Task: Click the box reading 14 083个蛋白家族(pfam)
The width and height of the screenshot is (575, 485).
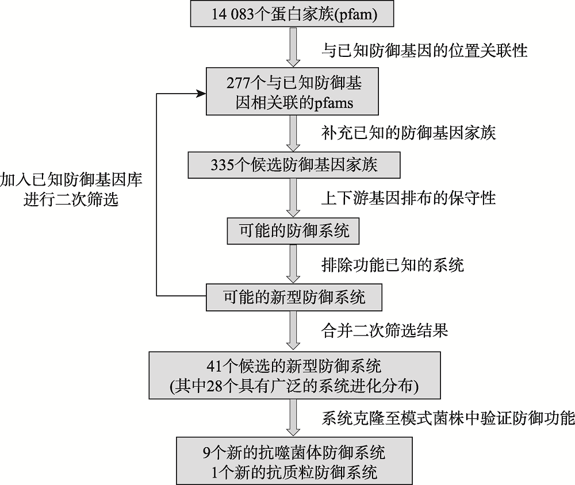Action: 292,14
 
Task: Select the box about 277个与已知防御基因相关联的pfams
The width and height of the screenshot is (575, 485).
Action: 292,91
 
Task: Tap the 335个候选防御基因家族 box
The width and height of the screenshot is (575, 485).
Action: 294,165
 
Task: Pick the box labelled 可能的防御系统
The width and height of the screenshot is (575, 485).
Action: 293,231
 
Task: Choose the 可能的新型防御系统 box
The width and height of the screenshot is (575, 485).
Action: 294,297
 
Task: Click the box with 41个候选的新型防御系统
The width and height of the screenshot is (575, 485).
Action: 294,375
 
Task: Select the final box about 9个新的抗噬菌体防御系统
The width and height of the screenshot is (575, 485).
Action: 294,460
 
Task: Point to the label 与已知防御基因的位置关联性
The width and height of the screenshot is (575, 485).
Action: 424,50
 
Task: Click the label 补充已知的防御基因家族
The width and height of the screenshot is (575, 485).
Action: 408,133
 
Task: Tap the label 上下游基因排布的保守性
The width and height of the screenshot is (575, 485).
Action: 408,198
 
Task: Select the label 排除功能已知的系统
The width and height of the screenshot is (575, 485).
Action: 393,265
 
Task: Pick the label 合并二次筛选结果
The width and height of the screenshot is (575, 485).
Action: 385,330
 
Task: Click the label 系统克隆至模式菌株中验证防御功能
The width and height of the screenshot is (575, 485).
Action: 448,418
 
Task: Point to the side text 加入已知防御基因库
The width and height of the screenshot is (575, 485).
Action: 71,180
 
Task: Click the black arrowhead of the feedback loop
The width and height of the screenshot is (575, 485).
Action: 201,94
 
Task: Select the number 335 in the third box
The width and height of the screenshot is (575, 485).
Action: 222,165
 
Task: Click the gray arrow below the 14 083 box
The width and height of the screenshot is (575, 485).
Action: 293,47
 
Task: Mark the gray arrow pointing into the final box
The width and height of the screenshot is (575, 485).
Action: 293,418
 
